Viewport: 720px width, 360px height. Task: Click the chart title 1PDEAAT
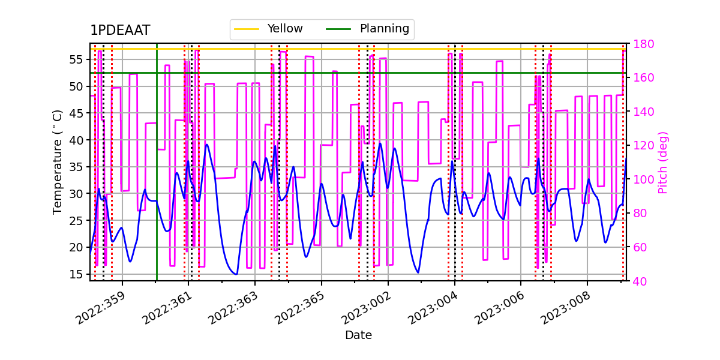click(120, 31)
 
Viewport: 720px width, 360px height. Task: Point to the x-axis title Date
click(358, 335)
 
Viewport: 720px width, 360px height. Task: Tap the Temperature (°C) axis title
click(58, 161)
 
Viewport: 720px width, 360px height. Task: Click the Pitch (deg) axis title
click(663, 162)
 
